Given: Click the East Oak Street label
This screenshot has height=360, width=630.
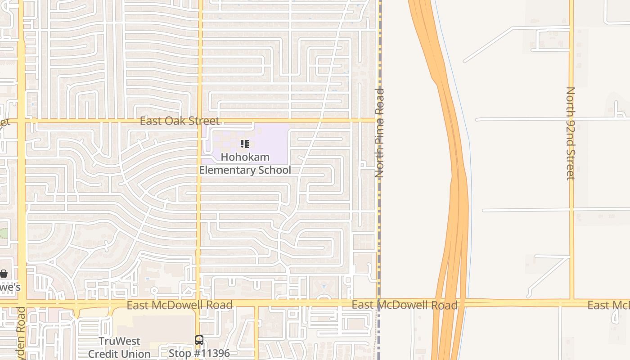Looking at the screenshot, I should point(180,121).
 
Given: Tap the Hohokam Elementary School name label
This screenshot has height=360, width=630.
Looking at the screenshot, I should point(245,163).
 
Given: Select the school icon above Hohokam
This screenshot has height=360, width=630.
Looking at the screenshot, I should point(244,144).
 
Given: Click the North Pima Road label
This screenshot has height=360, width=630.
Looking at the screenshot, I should point(380,133).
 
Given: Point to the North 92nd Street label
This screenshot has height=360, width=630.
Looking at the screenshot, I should point(571,133).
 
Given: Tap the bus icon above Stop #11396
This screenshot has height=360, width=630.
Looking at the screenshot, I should point(199,340).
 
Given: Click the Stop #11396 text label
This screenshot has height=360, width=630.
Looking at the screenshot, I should point(199,353).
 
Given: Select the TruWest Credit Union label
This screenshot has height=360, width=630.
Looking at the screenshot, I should point(119,347).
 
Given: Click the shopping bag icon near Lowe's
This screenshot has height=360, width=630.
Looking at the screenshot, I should point(4,274).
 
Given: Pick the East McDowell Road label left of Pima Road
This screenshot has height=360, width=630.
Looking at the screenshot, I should point(180,305).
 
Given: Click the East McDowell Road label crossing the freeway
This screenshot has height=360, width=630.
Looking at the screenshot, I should point(405,305).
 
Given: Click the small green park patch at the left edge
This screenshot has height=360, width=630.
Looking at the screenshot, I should point(3,233).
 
